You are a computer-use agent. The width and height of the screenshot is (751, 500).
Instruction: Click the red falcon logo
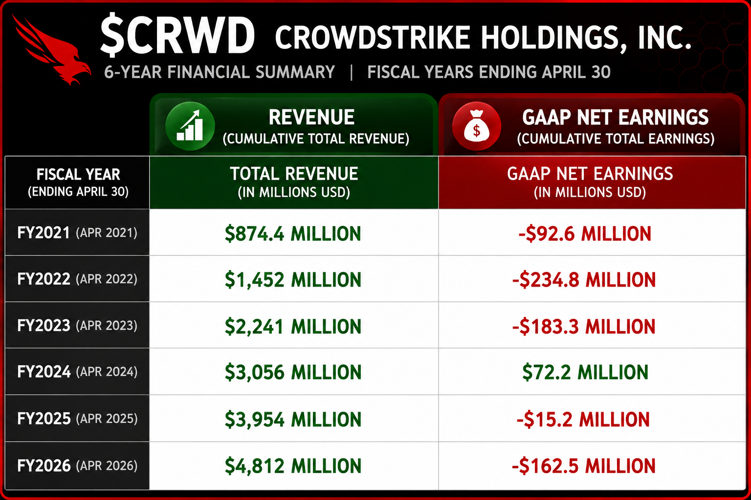point(52,50)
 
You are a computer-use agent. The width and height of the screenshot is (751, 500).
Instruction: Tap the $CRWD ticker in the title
point(177,35)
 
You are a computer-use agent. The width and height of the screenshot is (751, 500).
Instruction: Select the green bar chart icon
point(190,126)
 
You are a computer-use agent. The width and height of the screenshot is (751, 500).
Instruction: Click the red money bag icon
point(476,126)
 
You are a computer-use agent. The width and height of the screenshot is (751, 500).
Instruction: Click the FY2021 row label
point(77,232)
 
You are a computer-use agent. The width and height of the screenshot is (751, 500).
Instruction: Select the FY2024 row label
point(77,372)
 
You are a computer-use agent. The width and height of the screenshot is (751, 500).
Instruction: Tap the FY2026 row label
point(77,465)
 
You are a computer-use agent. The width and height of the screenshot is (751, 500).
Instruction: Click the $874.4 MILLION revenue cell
point(293,233)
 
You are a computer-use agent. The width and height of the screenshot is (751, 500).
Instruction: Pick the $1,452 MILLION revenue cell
point(293,280)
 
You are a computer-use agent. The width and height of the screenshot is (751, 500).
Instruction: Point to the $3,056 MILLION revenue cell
point(293,373)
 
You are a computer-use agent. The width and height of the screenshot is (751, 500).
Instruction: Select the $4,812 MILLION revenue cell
point(293,466)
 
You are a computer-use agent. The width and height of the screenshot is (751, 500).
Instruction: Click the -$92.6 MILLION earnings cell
point(585,233)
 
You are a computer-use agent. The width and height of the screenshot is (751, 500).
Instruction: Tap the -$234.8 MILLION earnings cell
point(584,280)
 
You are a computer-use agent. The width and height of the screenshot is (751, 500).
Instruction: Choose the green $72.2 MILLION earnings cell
point(585,373)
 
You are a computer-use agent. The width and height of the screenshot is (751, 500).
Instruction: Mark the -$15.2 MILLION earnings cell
point(583,419)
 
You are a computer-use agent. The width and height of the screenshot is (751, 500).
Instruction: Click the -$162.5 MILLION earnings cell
point(583,466)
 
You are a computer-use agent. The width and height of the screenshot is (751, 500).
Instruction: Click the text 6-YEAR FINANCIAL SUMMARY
point(219,72)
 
